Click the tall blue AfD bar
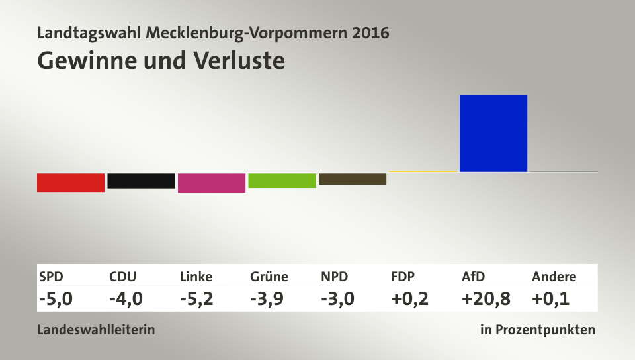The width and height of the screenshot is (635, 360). tap(493, 134)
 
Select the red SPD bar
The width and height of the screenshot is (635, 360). tap(71, 182)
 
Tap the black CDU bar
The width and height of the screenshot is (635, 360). tap(141, 181)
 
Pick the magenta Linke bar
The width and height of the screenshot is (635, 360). tap(212, 183)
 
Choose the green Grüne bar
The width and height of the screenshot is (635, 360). tap(282, 181)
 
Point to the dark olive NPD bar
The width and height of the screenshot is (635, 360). tap(353, 179)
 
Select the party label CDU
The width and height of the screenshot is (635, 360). tap(123, 277)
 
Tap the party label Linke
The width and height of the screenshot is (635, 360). tap(196, 277)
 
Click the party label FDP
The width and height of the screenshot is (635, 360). tap(403, 277)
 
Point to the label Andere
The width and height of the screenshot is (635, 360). tap(554, 277)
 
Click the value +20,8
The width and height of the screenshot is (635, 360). tap(486, 299)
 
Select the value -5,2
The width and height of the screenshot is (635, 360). tap(196, 299)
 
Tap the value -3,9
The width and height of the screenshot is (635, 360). tap(267, 299)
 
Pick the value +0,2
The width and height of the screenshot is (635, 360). tap(409, 299)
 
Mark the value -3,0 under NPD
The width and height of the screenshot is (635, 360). tap(337, 299)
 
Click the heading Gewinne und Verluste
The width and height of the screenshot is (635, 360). tap(161, 60)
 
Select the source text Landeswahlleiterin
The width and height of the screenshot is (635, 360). tap(96, 329)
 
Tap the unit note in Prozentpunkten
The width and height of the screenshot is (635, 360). tap(538, 329)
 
